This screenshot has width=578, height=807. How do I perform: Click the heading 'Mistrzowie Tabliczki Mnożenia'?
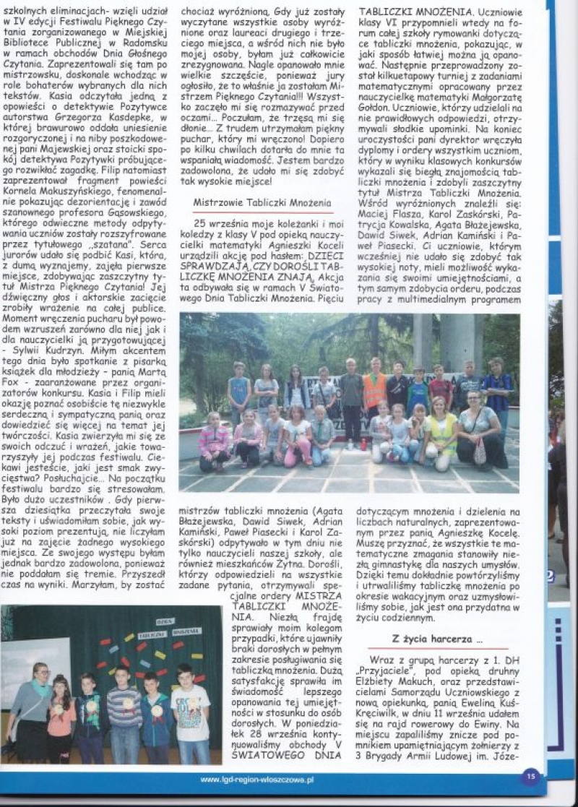click(x=262, y=203)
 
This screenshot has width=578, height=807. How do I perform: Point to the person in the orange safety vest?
click(x=374, y=390)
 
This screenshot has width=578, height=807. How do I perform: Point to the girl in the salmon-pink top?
click(x=62, y=719)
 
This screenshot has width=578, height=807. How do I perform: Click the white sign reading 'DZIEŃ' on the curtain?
click(x=166, y=621)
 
